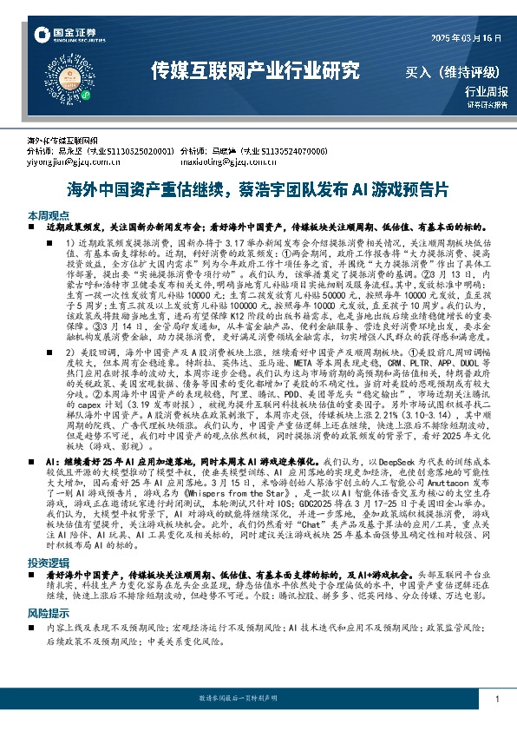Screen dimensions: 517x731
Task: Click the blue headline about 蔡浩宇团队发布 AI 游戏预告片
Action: click(x=258, y=188)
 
